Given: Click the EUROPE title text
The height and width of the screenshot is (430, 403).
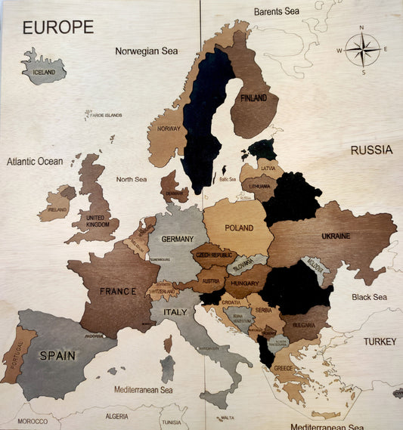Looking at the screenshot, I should coord(58,27).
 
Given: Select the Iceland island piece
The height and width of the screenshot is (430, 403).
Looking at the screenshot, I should coord(44,69).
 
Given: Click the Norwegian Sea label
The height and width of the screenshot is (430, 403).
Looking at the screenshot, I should coord(147,51).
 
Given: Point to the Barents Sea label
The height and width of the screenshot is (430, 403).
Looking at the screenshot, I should coord(277,11).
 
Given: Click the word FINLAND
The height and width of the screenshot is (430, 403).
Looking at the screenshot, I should coord(253,98).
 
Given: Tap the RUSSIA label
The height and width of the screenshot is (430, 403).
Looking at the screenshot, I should coord(370,150).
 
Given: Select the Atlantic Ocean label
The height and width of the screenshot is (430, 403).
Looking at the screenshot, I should coord(35,162).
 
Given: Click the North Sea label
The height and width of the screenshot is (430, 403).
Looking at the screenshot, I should coord(131,179).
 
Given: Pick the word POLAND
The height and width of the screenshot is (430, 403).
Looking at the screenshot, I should coord(239,227).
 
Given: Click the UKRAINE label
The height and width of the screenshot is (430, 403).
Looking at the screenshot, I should coord(336,236).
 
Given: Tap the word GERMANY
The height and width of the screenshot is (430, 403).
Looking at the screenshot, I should coord(178,239).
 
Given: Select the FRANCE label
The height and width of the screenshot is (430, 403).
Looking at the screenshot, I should coord(117,291).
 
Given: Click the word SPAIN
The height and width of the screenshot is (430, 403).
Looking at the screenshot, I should coord(58,355).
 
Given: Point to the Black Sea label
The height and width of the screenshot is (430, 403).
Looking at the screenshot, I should coord(369,297).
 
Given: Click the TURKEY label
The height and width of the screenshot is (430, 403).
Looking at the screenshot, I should coord(379,342).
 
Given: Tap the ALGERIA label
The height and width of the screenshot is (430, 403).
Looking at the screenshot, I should coord(116,416).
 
